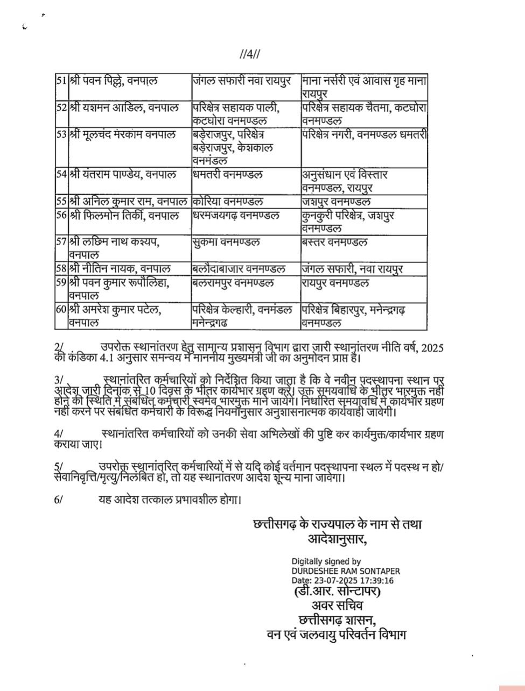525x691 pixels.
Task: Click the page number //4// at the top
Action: point(250,54)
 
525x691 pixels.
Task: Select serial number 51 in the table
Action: point(61,81)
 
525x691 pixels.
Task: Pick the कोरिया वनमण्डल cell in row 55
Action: point(228,202)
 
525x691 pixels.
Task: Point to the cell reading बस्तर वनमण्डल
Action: point(335,242)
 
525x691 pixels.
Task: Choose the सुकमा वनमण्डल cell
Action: point(226,242)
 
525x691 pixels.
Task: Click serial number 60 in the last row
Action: point(61,310)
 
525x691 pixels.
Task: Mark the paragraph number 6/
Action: point(59,499)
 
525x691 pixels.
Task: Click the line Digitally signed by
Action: point(326,561)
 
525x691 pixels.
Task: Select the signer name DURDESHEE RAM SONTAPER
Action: point(346,571)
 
